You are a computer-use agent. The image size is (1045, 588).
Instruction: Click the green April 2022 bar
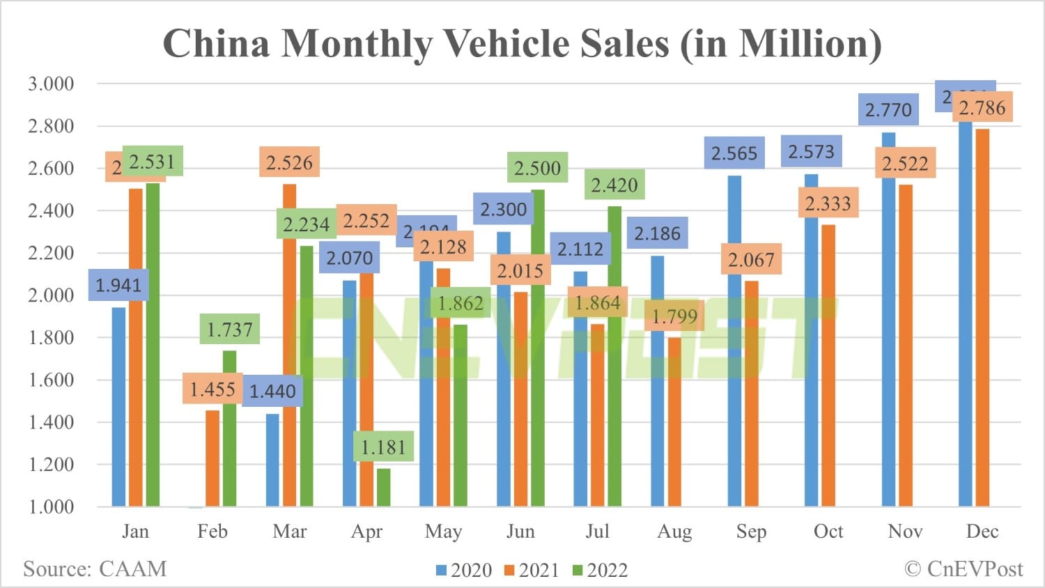click(x=383, y=488)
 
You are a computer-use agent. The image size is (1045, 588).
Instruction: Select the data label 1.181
click(x=383, y=447)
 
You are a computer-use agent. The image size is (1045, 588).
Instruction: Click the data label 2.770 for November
click(x=888, y=110)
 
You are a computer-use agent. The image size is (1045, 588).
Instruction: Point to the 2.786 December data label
click(x=982, y=108)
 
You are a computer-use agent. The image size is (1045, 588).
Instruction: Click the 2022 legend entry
click(x=600, y=571)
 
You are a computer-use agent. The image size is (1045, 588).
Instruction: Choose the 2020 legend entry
click(x=464, y=571)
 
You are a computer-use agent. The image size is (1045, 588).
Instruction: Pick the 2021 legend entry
click(x=532, y=571)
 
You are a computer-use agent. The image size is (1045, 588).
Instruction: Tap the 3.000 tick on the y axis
click(x=51, y=84)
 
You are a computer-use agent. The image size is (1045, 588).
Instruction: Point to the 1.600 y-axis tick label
click(x=51, y=380)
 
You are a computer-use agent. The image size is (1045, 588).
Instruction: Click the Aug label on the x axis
click(x=674, y=532)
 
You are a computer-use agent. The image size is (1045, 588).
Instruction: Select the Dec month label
click(x=982, y=532)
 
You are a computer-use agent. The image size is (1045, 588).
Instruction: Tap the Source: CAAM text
click(x=95, y=569)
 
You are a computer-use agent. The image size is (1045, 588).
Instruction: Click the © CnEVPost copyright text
click(x=963, y=569)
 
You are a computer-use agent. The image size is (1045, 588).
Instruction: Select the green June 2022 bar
click(x=538, y=348)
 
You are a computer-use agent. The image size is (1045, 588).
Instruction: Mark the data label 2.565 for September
click(x=734, y=153)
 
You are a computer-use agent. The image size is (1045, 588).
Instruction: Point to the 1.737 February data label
click(x=230, y=329)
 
